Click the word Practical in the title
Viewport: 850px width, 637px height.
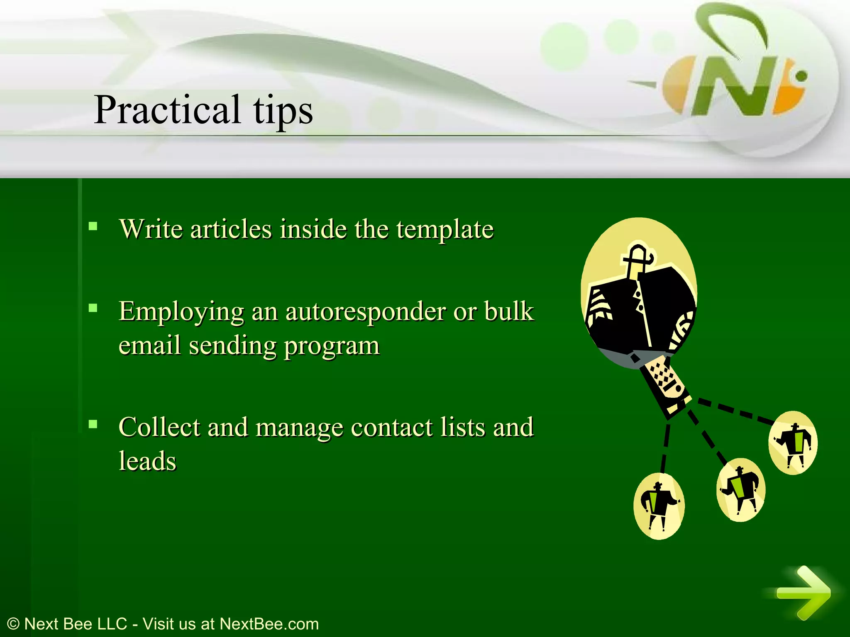pos(167,109)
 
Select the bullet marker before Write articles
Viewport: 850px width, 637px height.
pos(93,226)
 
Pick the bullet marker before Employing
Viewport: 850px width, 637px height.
pos(93,308)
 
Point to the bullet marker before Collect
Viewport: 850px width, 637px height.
pos(93,424)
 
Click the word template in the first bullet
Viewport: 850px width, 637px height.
pos(445,229)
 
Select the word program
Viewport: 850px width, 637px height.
pos(332,346)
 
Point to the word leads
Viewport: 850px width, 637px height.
pos(148,461)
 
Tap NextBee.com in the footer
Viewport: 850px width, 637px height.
pos(269,624)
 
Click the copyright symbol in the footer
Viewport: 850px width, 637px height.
pos(13,624)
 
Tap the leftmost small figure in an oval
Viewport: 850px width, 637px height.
pos(659,506)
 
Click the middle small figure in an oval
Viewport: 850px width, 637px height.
pos(741,490)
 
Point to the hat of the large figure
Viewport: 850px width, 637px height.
pos(637,257)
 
